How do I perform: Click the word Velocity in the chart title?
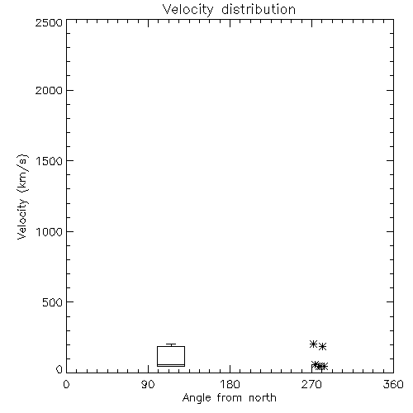[x=188, y=10]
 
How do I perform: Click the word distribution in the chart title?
[x=259, y=9]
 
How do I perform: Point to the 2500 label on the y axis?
[x=49, y=22]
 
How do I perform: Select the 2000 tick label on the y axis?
[x=49, y=90]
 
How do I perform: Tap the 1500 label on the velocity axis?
[x=50, y=161]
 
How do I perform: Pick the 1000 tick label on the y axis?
[x=50, y=231]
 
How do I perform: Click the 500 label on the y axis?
[x=53, y=302]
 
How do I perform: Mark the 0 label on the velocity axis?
[x=59, y=369]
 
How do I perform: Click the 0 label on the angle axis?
[x=66, y=384]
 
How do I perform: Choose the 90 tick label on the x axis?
[x=148, y=384]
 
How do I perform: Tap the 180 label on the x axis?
[x=230, y=384]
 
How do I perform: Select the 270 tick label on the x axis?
[x=311, y=384]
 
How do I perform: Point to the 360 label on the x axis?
[x=393, y=384]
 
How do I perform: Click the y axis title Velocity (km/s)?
[x=22, y=197]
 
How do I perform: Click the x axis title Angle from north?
[x=230, y=398]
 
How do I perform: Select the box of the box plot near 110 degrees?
[x=157, y=356]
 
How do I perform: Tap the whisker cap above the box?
[x=171, y=344]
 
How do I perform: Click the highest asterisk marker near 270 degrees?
[x=313, y=344]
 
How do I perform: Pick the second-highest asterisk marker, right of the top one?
[x=322, y=346]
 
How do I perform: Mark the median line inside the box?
[x=171, y=364]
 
